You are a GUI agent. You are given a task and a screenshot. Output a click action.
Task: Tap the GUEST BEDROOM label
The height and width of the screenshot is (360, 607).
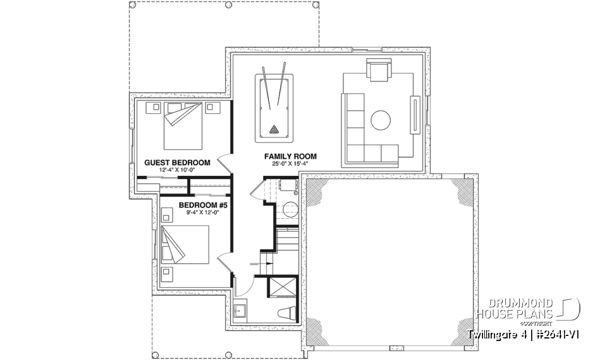click(177, 163)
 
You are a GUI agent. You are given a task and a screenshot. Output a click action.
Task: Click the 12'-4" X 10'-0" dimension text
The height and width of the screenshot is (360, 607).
click(177, 170)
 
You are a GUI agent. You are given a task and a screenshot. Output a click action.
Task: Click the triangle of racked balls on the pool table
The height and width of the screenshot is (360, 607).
click(274, 130)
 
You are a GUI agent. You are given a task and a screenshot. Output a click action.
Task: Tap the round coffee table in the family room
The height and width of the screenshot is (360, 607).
click(381, 120)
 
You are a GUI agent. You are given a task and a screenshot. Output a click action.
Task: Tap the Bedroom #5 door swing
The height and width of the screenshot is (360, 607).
click(224, 261)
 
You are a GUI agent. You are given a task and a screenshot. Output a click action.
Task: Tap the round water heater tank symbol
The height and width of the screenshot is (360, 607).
click(289, 210)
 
